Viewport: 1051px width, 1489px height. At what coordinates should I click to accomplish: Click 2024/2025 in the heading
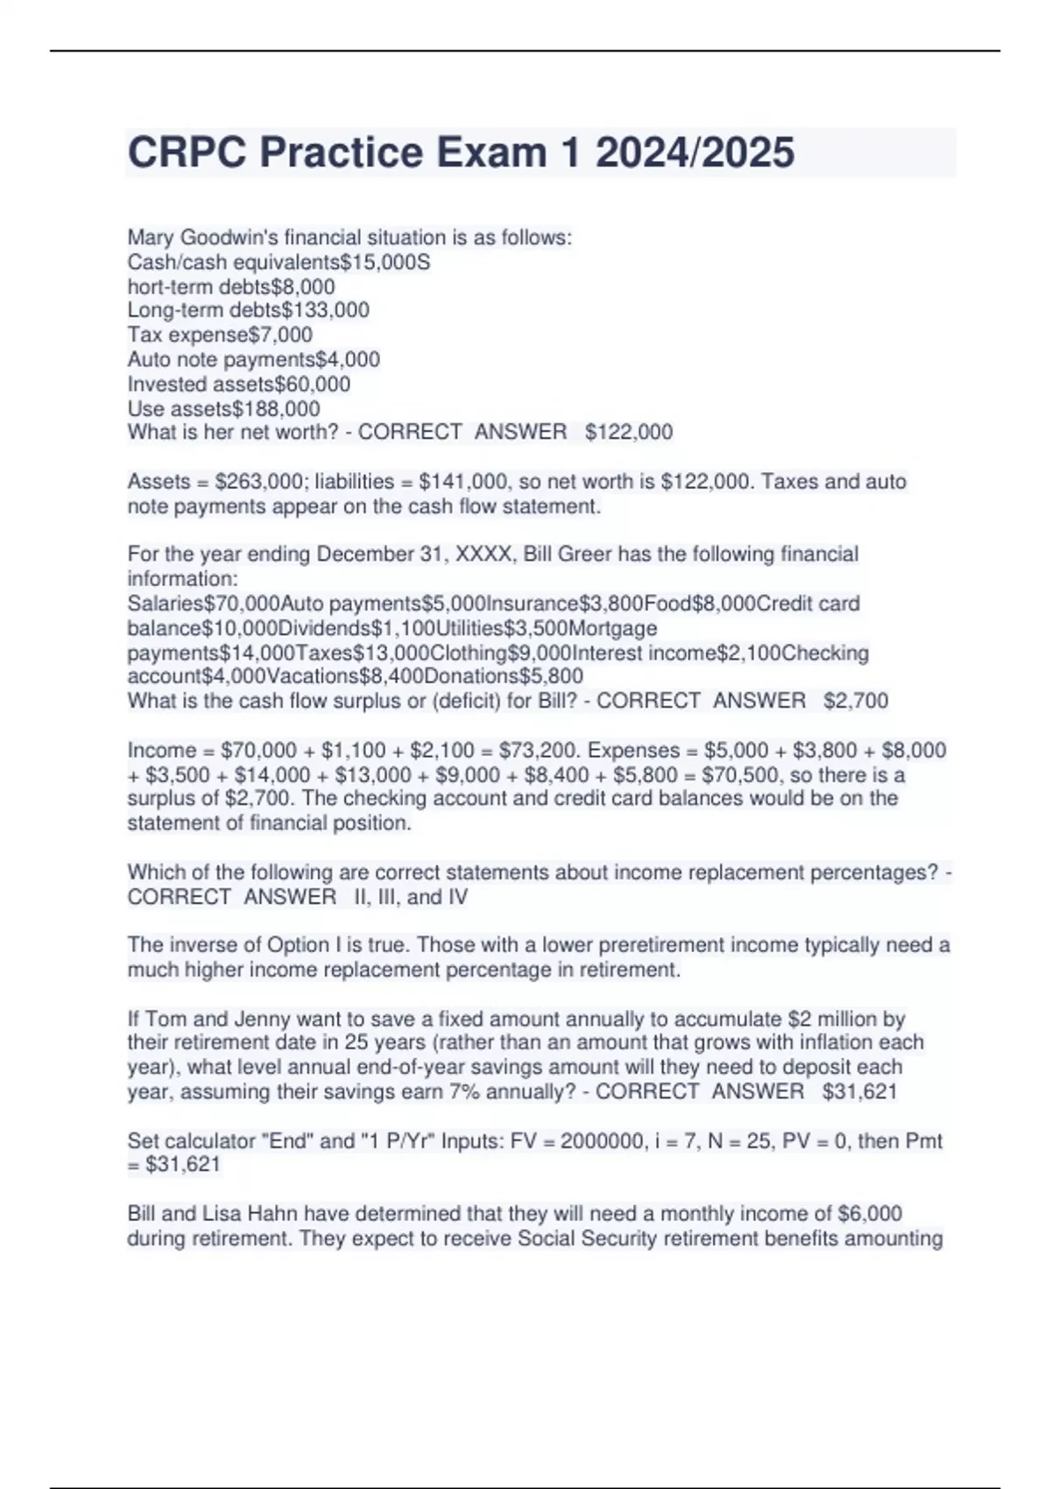pos(695,152)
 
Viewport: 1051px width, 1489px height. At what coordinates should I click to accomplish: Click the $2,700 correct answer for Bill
pos(856,701)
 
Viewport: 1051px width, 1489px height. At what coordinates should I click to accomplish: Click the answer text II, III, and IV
pos(411,897)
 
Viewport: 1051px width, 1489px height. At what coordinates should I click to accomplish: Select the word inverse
pos(198,945)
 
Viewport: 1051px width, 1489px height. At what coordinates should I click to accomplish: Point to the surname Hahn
pos(272,1214)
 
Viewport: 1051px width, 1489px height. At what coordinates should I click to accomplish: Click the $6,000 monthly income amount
pos(870,1214)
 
